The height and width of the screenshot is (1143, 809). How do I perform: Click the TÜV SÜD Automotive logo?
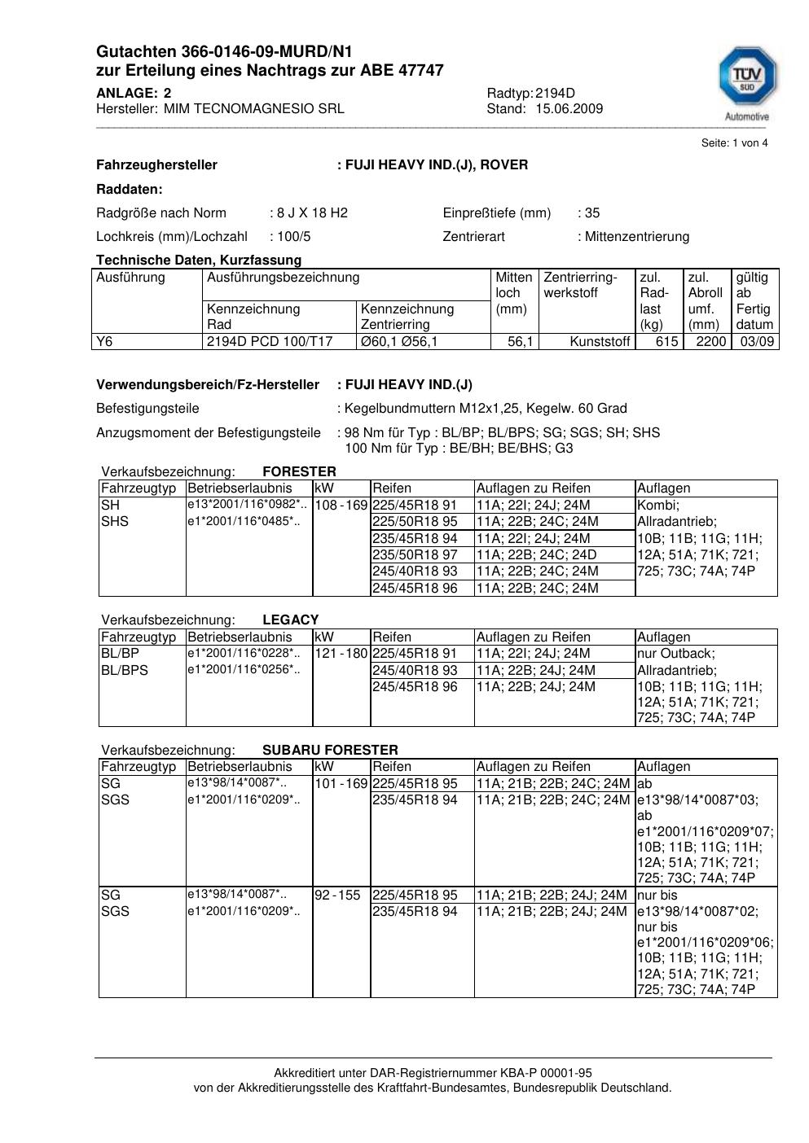tap(746, 83)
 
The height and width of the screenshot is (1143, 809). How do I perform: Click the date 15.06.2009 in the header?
tap(569, 109)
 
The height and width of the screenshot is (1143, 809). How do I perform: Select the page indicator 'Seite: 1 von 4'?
tap(734, 143)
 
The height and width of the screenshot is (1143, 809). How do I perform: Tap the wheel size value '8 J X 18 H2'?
tap(312, 213)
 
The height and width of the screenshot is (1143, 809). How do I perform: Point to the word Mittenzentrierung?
tap(636, 237)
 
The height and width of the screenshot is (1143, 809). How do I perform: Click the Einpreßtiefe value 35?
tap(592, 213)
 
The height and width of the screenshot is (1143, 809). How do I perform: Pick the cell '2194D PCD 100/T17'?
tap(270, 342)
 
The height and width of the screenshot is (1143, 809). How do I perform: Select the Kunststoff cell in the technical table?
tap(600, 342)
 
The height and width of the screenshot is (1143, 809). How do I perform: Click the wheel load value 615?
tap(666, 342)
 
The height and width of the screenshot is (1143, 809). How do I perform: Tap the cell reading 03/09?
tap(756, 342)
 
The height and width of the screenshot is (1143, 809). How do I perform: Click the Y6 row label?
tap(105, 342)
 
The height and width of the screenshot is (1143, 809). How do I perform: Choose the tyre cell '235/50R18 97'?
tap(415, 555)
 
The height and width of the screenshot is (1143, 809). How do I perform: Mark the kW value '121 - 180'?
tap(341, 654)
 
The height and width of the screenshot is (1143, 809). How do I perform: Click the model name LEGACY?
tap(291, 620)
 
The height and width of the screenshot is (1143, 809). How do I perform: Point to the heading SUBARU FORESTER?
tap(330, 750)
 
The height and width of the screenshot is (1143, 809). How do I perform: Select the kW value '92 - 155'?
tap(337, 896)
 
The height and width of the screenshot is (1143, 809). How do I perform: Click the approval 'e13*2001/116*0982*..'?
tap(248, 505)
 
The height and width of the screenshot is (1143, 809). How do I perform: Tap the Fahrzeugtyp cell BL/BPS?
tap(125, 671)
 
